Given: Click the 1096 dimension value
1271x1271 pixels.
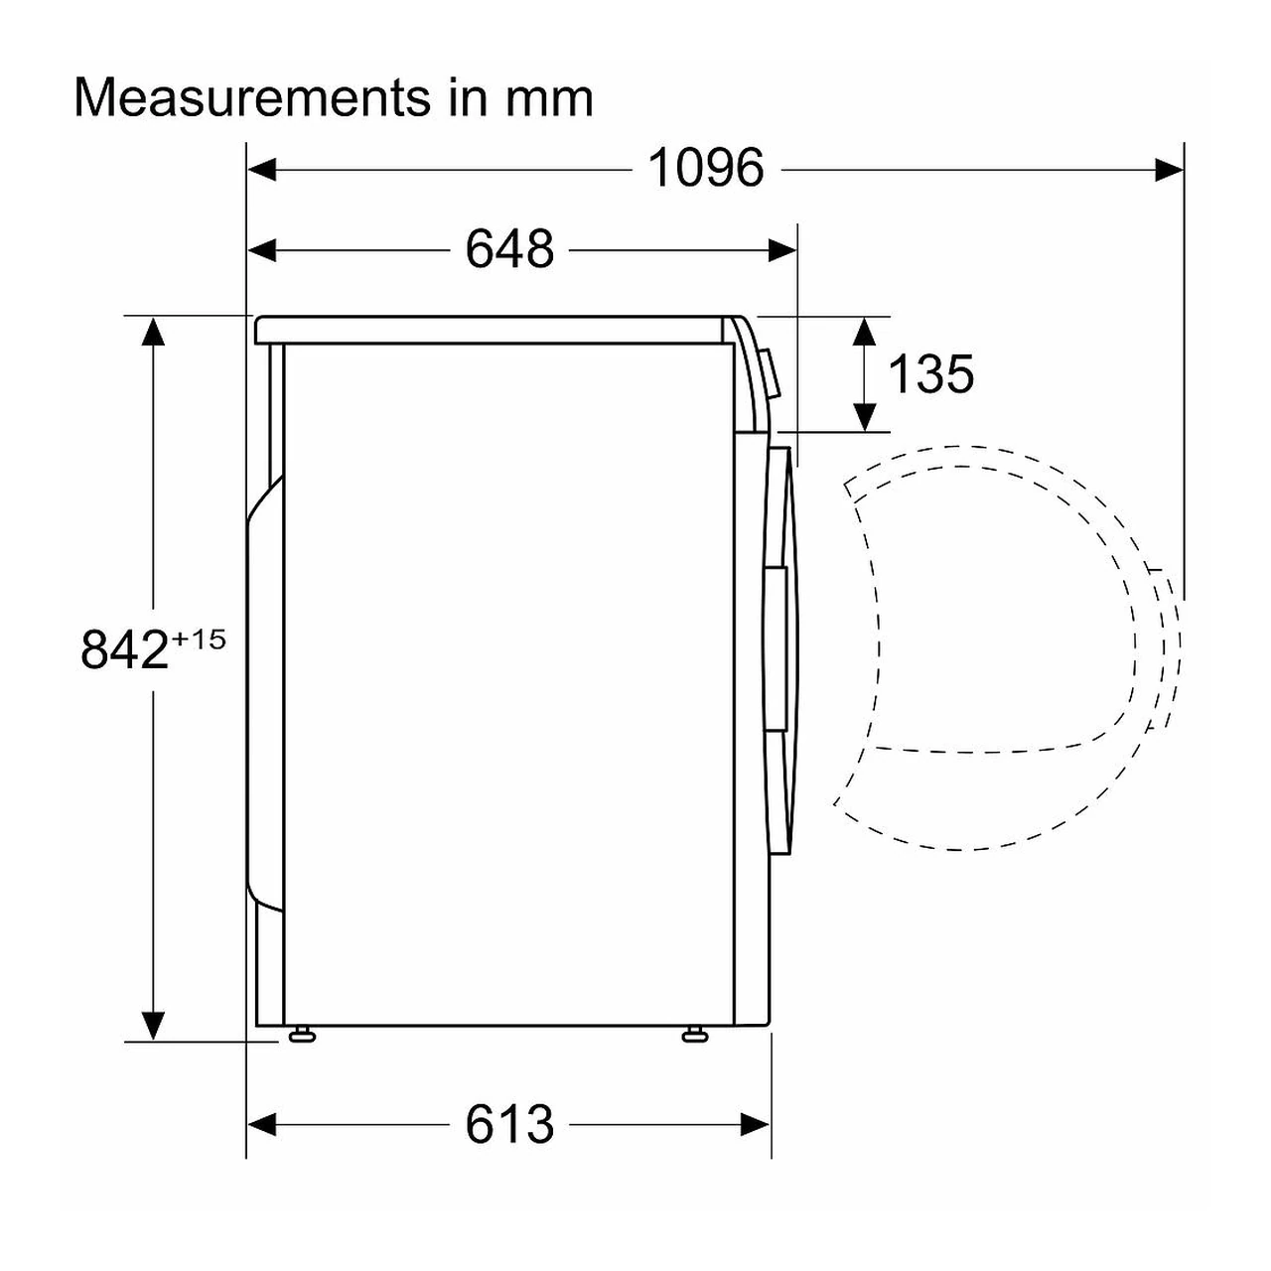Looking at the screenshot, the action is pyautogui.click(x=706, y=168).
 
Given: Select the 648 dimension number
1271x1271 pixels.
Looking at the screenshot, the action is pyautogui.click(x=509, y=250).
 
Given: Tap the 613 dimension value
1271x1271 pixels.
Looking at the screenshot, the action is pyautogui.click(x=509, y=1125).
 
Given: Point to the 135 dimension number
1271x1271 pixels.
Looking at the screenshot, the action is pyautogui.click(x=930, y=374).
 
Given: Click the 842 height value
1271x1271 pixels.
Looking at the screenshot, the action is pyautogui.click(x=124, y=649).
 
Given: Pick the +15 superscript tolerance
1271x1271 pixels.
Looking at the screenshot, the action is pyautogui.click(x=199, y=639).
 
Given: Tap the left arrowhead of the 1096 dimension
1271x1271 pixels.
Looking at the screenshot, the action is pyautogui.click(x=262, y=170).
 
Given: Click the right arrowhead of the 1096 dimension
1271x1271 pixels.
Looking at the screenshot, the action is pyautogui.click(x=1169, y=170).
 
